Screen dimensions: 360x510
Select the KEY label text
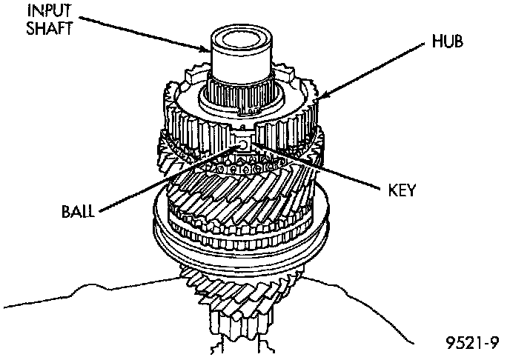coord(401,190)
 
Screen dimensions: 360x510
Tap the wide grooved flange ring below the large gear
coord(237,248)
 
